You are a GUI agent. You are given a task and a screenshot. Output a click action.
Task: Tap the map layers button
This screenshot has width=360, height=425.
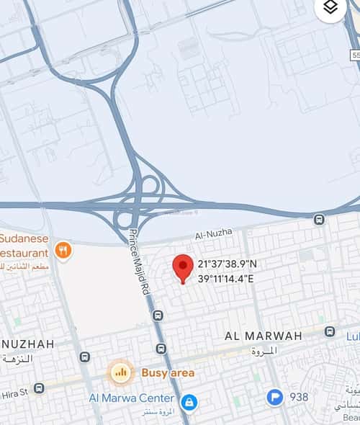coord(330,8)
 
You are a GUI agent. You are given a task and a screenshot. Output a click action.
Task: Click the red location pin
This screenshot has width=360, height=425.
coord(183,268)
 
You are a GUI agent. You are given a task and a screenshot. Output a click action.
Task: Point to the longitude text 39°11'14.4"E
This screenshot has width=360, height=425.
coord(226,279)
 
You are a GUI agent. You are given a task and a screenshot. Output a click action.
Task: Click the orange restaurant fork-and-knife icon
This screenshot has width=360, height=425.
coord(63,251)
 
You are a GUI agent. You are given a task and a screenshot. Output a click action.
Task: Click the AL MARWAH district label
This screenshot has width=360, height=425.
coord(263,336)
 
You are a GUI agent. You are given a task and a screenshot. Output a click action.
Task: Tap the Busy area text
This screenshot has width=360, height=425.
coord(168,372)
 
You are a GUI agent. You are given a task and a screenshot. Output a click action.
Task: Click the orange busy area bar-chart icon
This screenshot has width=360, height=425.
coord(120,372)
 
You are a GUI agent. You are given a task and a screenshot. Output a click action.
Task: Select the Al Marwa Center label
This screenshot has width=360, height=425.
coord(132,398)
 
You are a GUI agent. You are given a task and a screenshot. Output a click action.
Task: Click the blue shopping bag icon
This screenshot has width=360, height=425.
coord(189,401)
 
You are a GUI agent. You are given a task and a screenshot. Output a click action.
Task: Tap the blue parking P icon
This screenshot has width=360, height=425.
coord(274,397)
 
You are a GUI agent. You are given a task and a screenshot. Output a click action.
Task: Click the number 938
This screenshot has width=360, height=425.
coord(299,397)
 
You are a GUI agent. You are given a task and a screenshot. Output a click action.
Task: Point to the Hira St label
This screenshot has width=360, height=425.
coord(13,391)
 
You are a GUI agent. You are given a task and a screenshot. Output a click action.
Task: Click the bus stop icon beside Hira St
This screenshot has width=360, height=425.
coord(39,388)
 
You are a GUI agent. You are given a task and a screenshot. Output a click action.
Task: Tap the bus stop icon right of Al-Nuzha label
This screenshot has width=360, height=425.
coord(319,219)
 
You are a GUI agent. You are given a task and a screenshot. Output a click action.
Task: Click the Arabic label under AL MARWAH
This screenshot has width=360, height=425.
coord(264,351)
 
